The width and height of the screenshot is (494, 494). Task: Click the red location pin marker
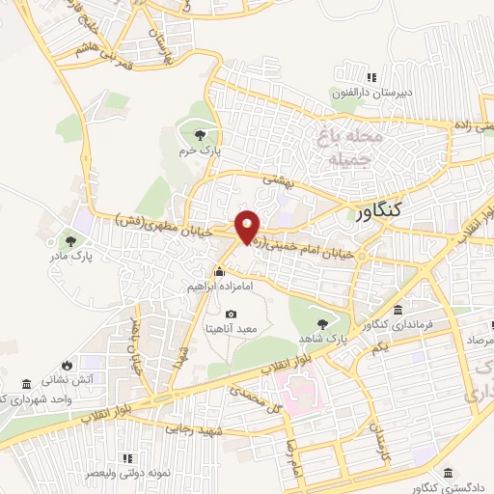point(247,226)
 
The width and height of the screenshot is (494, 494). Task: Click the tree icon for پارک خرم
point(200,134)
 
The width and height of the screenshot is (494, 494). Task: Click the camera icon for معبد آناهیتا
point(231,315)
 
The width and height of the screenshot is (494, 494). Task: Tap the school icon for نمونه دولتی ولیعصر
point(126,457)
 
